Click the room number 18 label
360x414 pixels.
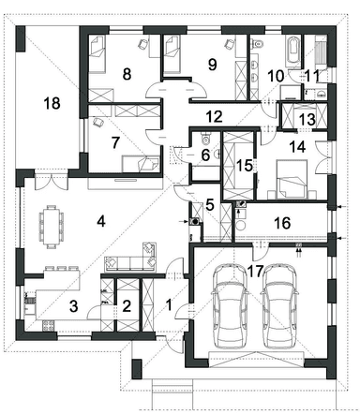click(x=52, y=103)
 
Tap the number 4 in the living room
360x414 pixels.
click(x=101, y=221)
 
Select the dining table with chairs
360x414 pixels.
click(x=52, y=227)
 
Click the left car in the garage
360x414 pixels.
click(x=230, y=307)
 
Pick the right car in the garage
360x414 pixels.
click(x=280, y=307)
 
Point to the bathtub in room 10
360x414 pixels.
click(x=292, y=49)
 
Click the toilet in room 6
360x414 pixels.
click(x=205, y=139)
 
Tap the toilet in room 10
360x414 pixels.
click(x=258, y=44)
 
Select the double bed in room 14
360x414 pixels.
click(x=292, y=180)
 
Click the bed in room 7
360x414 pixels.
click(x=142, y=164)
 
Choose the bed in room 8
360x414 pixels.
click(x=97, y=54)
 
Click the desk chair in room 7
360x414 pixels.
click(x=98, y=123)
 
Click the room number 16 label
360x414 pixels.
click(x=282, y=223)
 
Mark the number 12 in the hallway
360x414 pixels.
click(x=215, y=116)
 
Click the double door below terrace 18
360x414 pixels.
click(x=52, y=181)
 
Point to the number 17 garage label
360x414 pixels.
click(x=255, y=271)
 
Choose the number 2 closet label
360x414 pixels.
click(x=127, y=306)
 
